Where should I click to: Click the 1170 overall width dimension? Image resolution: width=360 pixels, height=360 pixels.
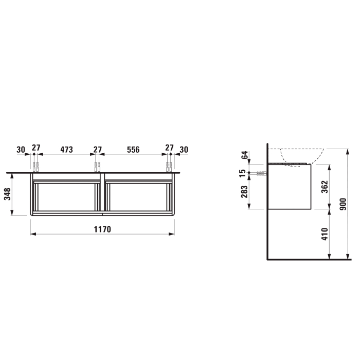[102, 229]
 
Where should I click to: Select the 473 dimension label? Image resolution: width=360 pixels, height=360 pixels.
[66, 150]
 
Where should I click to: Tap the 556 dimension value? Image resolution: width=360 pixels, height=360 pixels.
[133, 150]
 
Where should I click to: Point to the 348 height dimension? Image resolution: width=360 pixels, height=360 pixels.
[8, 194]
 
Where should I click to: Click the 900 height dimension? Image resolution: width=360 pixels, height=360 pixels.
[343, 204]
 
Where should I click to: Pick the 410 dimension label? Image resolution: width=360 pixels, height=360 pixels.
[325, 234]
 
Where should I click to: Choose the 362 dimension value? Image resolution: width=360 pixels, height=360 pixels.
[325, 187]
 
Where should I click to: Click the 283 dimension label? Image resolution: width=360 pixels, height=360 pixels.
[244, 192]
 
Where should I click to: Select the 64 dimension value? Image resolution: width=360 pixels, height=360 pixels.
[245, 155]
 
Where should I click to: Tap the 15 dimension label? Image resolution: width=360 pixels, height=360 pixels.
[242, 173]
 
